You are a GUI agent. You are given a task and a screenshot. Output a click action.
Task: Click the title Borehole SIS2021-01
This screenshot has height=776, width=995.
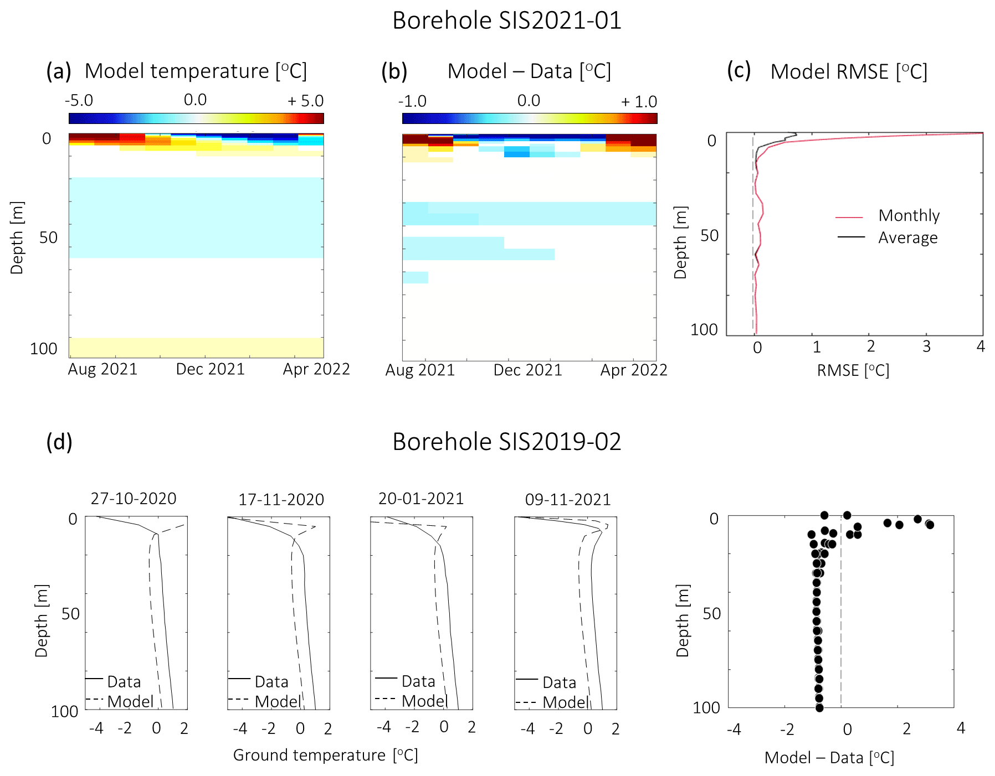(506, 21)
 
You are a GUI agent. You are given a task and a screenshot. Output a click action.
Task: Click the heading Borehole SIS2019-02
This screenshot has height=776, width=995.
(506, 442)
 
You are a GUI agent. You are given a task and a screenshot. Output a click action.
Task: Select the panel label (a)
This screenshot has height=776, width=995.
(59, 71)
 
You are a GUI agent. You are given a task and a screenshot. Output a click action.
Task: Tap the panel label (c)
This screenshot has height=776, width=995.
(738, 70)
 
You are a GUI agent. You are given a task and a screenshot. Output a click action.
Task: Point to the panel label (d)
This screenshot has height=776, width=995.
(59, 442)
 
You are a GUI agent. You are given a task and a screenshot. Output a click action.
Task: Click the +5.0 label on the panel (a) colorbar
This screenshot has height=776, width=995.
(305, 101)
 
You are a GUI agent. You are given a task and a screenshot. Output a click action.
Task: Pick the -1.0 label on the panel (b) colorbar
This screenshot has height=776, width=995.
(412, 101)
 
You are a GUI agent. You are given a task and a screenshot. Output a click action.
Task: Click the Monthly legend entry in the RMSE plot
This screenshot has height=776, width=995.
(909, 215)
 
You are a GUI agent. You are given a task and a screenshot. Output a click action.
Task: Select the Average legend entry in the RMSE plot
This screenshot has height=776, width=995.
(907, 237)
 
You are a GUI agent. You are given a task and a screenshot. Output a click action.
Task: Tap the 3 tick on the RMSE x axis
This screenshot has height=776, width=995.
(926, 346)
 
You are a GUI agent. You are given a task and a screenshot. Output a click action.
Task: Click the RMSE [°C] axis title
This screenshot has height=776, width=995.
(853, 370)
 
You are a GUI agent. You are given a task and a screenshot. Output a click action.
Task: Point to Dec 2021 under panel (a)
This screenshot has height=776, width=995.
(210, 369)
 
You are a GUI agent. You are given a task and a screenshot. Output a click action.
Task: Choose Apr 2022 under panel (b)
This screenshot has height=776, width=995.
(634, 370)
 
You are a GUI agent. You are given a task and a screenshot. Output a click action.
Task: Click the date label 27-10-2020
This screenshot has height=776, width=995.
(134, 499)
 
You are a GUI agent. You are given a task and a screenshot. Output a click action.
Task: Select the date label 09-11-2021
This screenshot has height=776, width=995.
(567, 500)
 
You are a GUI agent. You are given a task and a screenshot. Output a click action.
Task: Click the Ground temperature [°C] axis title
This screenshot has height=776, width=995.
(325, 755)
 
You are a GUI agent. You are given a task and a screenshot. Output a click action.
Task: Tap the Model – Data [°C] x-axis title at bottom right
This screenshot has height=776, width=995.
(829, 758)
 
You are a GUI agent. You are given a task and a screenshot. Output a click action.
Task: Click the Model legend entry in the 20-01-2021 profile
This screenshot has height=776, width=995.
(424, 701)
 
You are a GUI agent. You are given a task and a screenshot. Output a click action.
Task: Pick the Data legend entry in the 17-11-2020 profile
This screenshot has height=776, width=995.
(271, 681)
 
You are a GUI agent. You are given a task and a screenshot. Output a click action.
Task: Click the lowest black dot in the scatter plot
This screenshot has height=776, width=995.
(819, 707)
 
